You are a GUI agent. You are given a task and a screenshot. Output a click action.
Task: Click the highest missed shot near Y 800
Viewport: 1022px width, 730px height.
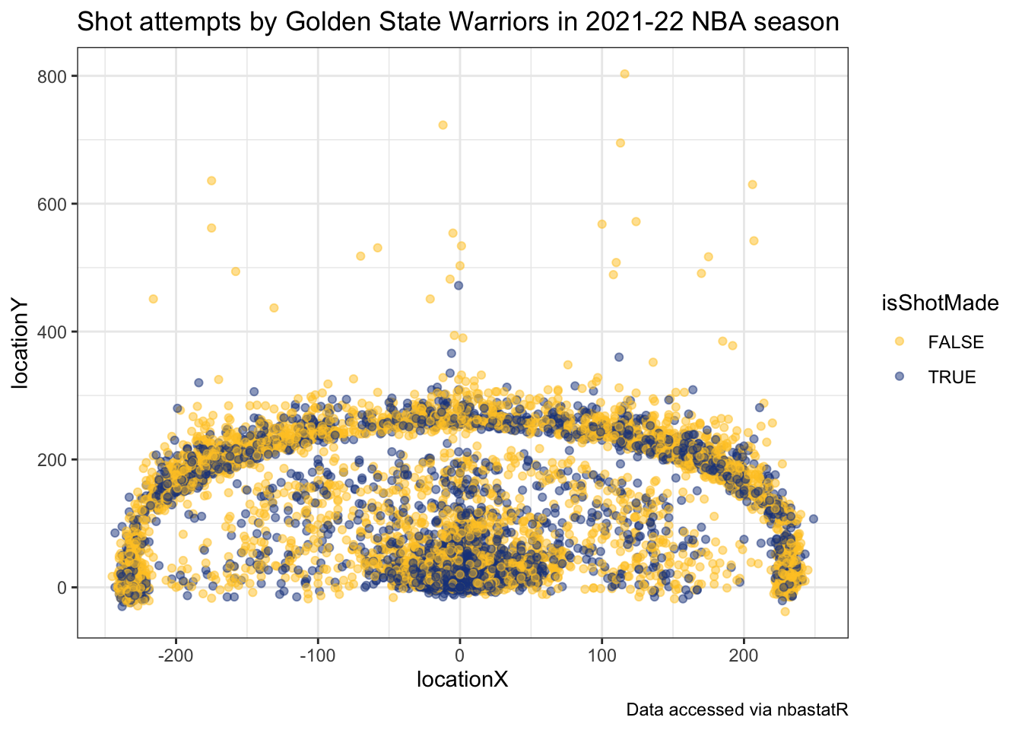624,74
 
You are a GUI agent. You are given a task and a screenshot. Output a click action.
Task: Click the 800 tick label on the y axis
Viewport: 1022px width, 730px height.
57,76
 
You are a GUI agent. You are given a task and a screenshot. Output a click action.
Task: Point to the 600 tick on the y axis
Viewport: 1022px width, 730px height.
57,204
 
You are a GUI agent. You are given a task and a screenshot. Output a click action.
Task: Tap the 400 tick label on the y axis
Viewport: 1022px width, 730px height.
57,332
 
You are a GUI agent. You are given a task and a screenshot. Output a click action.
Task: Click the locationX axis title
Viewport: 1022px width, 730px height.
462,679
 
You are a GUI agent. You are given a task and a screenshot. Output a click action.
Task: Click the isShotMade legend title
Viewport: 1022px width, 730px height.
939,303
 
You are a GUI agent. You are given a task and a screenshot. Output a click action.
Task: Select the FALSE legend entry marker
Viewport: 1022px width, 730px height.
899,342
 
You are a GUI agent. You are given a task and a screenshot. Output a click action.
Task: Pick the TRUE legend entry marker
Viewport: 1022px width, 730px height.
899,376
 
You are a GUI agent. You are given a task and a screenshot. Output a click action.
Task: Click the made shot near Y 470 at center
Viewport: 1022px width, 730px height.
458,286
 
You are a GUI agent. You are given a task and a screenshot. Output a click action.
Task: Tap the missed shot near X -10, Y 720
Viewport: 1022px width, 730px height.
443,125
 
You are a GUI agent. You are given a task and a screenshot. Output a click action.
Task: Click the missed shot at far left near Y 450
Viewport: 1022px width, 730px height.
153,299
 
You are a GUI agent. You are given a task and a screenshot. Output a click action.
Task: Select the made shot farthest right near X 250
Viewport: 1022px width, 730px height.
813,519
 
